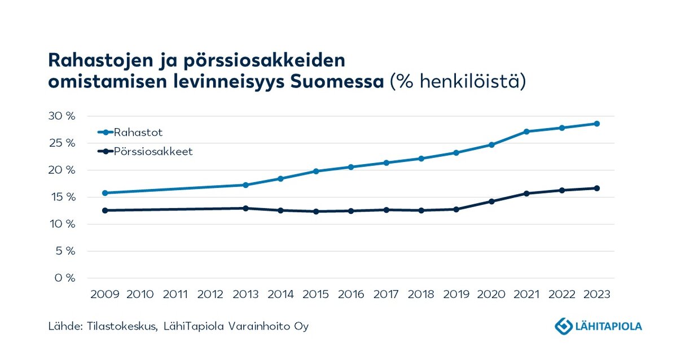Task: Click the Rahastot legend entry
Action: point(138,133)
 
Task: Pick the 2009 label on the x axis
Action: point(105,295)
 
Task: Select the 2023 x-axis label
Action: point(597,295)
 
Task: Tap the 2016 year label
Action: point(351,295)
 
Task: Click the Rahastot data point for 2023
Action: point(597,124)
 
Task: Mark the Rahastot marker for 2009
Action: point(105,193)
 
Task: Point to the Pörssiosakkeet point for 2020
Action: point(491,201)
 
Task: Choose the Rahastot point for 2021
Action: point(526,131)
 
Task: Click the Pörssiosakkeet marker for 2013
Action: point(245,208)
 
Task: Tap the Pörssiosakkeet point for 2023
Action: point(597,188)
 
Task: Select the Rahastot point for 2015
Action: point(316,171)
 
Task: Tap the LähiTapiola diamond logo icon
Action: point(564,326)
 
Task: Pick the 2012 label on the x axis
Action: point(210,295)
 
